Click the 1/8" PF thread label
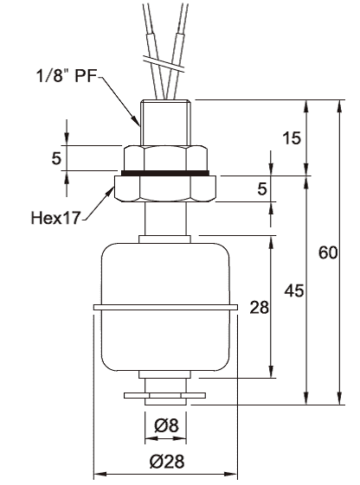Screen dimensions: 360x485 (x=67, y=75)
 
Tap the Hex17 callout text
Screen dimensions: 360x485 (x=56, y=218)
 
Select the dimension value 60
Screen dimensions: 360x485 (x=328, y=252)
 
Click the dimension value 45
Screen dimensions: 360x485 (x=294, y=291)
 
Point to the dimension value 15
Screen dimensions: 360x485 (x=292, y=138)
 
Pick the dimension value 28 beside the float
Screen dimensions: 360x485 (x=259, y=308)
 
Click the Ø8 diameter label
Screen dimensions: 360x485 (x=166, y=425)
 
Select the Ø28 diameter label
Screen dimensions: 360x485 (x=167, y=462)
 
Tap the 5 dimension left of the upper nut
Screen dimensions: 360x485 (x=56, y=158)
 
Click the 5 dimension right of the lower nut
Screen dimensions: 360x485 (x=262, y=188)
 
